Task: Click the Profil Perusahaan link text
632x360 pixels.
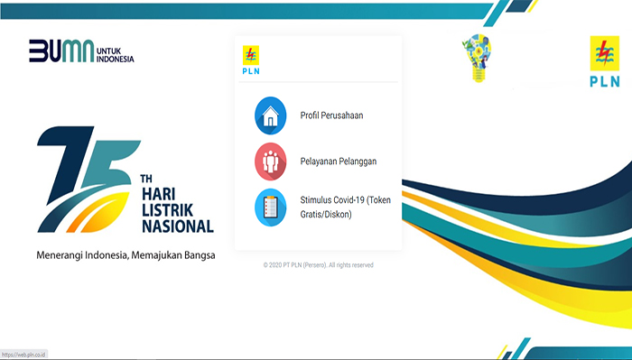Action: click(x=331, y=115)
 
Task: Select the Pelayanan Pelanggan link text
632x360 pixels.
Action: click(x=338, y=161)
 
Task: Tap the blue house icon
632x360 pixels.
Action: click(x=271, y=115)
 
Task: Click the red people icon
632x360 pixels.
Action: click(x=271, y=161)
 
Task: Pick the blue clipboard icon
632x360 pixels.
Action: click(x=271, y=207)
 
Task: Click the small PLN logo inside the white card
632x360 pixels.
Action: click(x=250, y=58)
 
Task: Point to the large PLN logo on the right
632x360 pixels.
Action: click(x=604, y=63)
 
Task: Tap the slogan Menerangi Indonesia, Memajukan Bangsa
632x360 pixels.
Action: click(x=125, y=255)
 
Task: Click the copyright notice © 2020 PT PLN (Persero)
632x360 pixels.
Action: click(x=318, y=265)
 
